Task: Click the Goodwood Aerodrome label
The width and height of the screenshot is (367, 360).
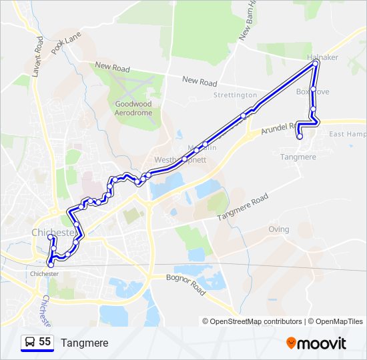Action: [x=133, y=109]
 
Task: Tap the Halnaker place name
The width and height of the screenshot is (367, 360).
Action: [x=323, y=57]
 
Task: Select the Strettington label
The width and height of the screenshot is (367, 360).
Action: [x=235, y=95]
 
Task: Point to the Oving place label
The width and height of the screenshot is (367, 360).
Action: [x=278, y=229]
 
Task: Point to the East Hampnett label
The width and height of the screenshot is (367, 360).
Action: [x=348, y=134]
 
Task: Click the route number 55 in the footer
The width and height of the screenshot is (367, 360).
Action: [x=45, y=342]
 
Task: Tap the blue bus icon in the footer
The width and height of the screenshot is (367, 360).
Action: [x=29, y=343]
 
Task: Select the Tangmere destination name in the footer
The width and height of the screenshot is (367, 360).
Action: [x=84, y=343]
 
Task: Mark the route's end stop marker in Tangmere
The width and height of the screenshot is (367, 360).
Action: [x=300, y=137]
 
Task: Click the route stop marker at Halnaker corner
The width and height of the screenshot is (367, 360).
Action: [x=314, y=65]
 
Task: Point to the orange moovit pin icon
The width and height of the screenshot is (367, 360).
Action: [x=292, y=343]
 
